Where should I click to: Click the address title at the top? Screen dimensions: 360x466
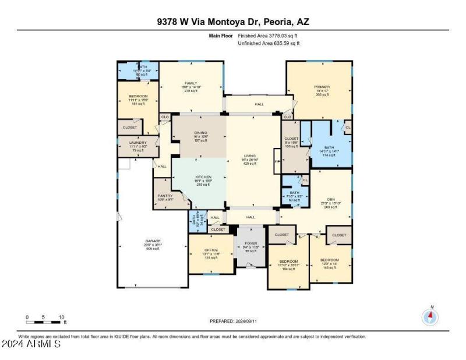click(233, 22)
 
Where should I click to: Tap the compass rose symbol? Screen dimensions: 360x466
click(430, 316)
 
